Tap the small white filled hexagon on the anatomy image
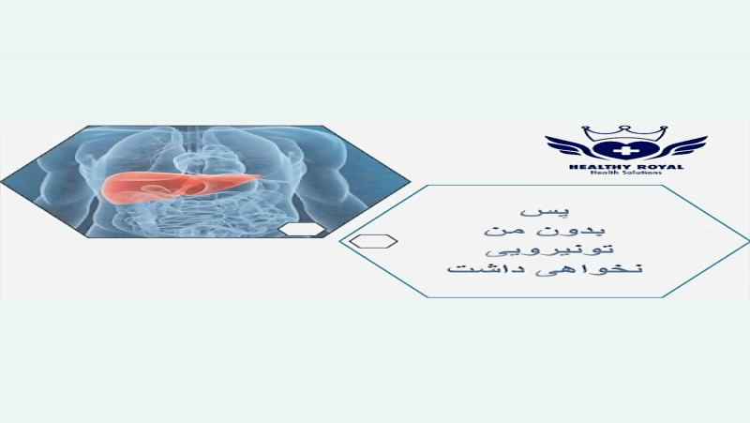[x=301, y=230]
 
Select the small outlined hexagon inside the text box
[x=373, y=241]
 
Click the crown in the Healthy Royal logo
[x=623, y=133]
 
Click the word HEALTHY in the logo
[x=595, y=167]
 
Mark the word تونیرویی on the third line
[x=549, y=249]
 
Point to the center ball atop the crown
[x=623, y=128]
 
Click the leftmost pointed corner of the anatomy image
[x=1, y=182]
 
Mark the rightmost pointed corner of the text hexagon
[x=748, y=240]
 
